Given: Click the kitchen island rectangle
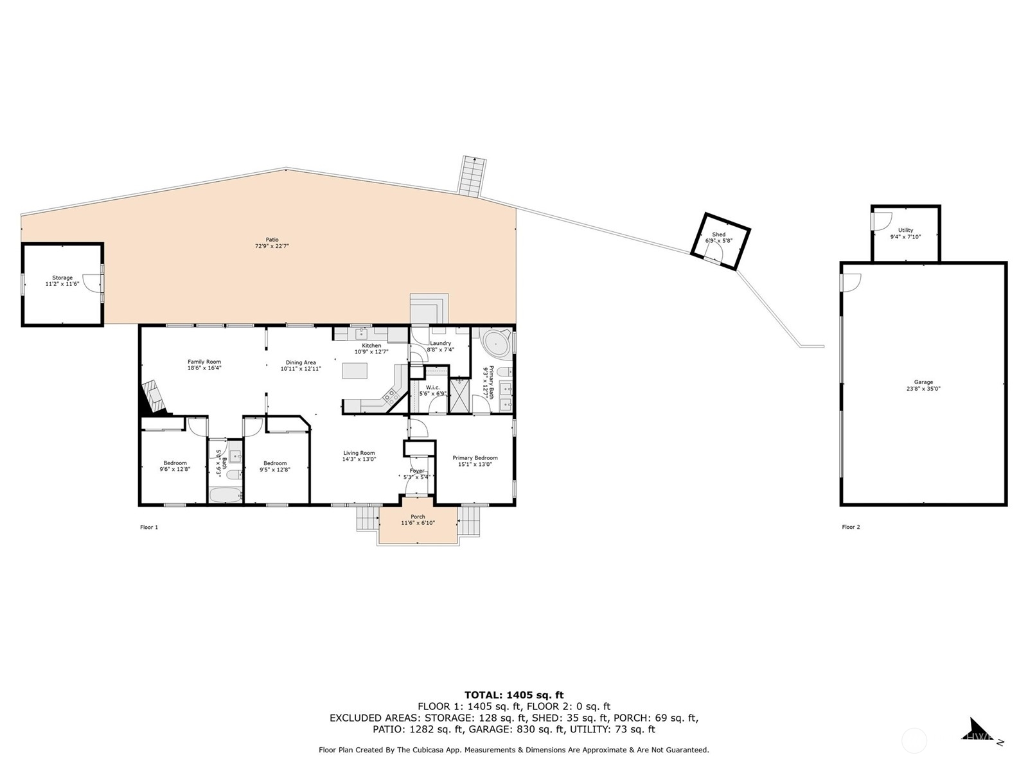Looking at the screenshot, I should point(355,371).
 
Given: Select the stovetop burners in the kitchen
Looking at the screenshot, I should point(390,396).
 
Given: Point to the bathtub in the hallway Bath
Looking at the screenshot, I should point(225,494).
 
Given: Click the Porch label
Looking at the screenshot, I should point(418,517).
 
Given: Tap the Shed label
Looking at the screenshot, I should point(718,235).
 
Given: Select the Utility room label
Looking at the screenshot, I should point(905,230).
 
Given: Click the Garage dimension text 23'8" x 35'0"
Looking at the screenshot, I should point(923,389).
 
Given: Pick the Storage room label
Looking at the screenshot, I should point(62,278).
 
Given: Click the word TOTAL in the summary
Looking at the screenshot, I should point(483,695).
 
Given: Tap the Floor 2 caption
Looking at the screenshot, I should point(851,527).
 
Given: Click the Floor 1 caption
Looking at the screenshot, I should point(149,527).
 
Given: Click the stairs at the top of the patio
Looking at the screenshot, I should point(472,177).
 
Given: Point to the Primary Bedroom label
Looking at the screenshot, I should point(475,458).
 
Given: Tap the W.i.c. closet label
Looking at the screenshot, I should point(432,387).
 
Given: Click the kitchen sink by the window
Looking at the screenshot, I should point(362,333).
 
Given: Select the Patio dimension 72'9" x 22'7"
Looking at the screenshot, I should point(272,246).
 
